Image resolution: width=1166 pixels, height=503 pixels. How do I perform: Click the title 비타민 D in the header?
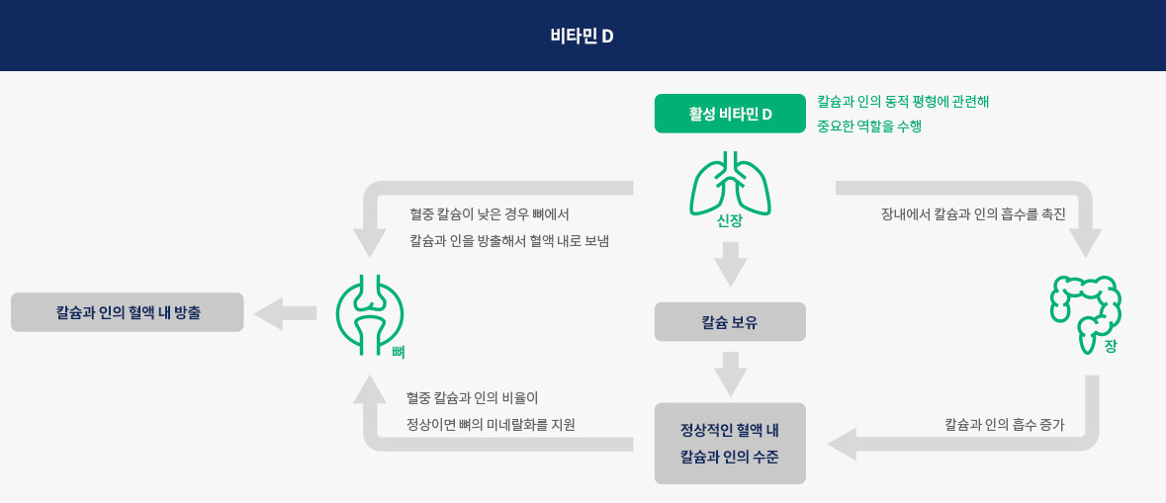(x=582, y=37)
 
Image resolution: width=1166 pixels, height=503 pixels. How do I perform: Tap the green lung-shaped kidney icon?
(x=730, y=181)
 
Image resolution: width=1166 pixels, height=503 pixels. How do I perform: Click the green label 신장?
(x=730, y=221)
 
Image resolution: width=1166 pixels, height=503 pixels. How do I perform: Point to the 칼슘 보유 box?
(x=730, y=322)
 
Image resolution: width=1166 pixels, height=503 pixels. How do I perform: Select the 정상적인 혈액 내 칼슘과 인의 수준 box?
(x=730, y=443)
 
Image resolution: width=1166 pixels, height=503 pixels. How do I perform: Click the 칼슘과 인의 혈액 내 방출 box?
(x=128, y=312)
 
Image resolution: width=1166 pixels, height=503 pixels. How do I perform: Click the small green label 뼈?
(x=398, y=352)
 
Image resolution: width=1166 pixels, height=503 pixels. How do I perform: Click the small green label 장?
(x=1111, y=347)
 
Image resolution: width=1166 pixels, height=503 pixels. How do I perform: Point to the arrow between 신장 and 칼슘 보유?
(x=730, y=264)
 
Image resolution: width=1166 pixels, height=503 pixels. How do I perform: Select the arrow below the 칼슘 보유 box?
(x=730, y=374)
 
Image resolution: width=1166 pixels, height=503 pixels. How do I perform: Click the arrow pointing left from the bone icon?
(x=286, y=313)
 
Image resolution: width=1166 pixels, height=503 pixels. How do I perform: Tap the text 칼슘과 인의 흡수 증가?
(x=1004, y=426)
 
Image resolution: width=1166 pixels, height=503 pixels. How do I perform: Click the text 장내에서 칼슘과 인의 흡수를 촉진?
(x=974, y=214)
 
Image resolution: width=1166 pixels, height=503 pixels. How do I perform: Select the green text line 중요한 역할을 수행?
(x=869, y=126)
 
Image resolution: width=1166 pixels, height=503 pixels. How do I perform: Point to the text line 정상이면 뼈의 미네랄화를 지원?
(x=491, y=426)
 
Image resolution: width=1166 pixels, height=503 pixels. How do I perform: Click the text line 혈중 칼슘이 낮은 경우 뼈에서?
(x=490, y=214)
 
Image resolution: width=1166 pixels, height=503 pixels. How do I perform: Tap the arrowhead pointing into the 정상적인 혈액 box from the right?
(x=843, y=445)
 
